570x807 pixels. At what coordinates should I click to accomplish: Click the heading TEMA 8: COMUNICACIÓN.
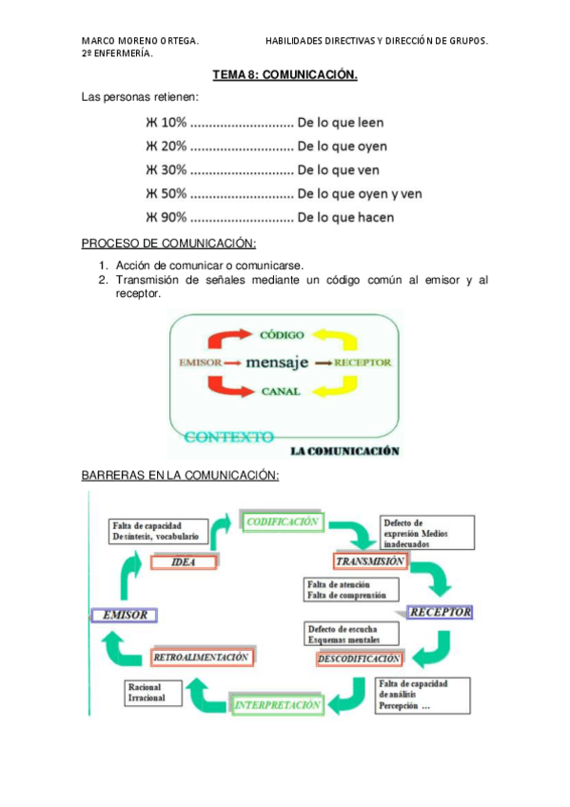[285, 75]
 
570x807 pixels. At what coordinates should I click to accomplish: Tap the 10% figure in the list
[173, 123]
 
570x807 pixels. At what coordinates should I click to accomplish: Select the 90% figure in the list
[173, 217]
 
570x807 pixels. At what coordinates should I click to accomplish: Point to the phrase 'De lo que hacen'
[344, 217]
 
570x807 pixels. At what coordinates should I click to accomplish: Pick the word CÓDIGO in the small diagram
[282, 335]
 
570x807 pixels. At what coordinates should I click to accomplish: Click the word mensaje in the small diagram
[277, 363]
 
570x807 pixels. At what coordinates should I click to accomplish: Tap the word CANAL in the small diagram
[282, 390]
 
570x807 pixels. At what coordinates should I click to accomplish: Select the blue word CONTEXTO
[228, 437]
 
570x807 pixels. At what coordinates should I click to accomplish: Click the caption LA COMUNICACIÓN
[344, 451]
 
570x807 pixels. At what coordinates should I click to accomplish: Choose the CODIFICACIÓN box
[283, 522]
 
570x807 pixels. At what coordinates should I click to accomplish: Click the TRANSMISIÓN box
[370, 561]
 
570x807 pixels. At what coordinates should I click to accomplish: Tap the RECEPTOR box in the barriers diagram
[439, 612]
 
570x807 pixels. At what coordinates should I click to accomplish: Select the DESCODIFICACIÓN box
[358, 659]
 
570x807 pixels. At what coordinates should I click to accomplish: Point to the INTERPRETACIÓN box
[276, 705]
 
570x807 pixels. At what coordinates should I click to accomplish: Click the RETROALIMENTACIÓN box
[201, 657]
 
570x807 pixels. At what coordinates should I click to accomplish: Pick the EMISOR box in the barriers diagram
[124, 615]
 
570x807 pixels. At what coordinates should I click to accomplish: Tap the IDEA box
[184, 561]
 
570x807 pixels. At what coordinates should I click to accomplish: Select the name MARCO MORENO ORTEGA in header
[140, 42]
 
